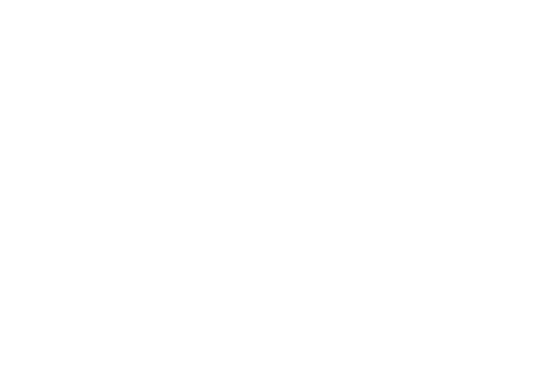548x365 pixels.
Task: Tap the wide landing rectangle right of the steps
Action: (x=214, y=25)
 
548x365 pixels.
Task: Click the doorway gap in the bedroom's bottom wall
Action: (x=373, y=231)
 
